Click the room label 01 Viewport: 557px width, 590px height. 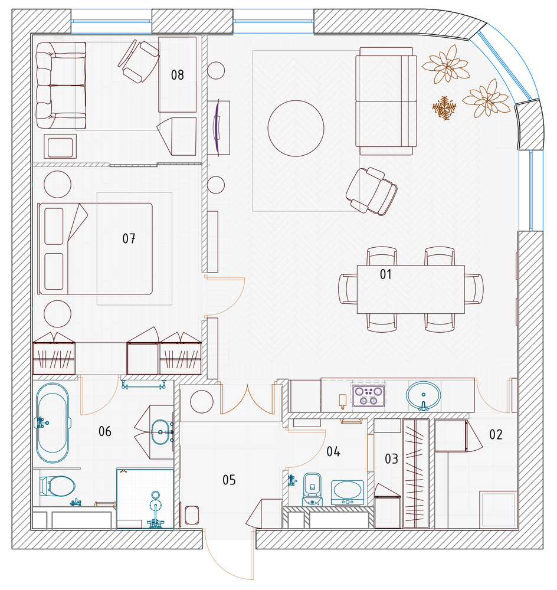[385, 274]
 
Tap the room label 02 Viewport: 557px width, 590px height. [496, 435]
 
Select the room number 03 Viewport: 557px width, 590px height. [391, 458]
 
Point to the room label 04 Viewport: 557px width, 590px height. [333, 451]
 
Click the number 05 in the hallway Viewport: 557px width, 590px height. [229, 480]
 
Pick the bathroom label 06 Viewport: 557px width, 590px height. [105, 431]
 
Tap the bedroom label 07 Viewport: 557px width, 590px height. [129, 238]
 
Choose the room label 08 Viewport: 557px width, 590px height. [177, 75]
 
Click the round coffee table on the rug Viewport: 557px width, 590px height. [296, 128]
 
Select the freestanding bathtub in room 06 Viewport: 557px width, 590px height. [53, 422]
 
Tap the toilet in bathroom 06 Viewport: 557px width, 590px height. [58, 486]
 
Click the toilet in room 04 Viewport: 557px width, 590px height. [312, 489]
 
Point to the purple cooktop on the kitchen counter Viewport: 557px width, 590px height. [368, 395]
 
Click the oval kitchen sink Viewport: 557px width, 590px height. [424, 396]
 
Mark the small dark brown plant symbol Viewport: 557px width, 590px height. [444, 108]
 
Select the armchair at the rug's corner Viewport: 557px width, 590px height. [372, 191]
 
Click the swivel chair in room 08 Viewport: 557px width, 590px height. [139, 61]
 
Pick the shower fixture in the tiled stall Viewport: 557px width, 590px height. [155, 510]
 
